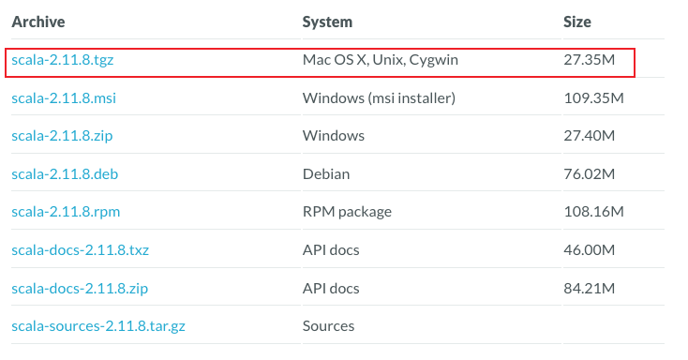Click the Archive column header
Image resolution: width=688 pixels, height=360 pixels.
point(38,22)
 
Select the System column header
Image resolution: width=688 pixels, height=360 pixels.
point(327,22)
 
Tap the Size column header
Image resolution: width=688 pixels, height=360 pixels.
point(577,22)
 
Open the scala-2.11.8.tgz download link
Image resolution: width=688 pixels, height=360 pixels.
point(62,60)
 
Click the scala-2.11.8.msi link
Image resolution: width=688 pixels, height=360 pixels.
point(64,97)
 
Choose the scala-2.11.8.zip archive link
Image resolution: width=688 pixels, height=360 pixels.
point(62,136)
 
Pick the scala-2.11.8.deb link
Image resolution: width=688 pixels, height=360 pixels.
point(65,174)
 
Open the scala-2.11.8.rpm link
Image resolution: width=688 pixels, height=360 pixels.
point(66,212)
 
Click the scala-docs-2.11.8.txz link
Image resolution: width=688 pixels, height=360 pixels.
point(80,250)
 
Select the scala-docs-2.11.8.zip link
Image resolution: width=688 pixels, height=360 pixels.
point(80,289)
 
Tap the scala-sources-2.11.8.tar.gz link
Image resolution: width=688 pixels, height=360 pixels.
point(98,326)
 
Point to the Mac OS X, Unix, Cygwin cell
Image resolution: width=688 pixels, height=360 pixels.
point(380,60)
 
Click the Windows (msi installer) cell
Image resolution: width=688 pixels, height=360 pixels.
point(379,97)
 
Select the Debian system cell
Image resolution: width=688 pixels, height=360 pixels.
point(326,174)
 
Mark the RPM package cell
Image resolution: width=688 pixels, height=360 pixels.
point(347,212)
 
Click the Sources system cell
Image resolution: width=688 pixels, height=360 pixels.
point(328,326)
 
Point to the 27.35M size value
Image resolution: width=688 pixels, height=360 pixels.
point(590,60)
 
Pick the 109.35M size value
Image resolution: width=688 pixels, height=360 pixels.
point(593,97)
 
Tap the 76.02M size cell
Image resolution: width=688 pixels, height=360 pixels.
point(590,174)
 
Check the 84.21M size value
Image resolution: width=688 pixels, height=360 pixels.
point(590,289)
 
